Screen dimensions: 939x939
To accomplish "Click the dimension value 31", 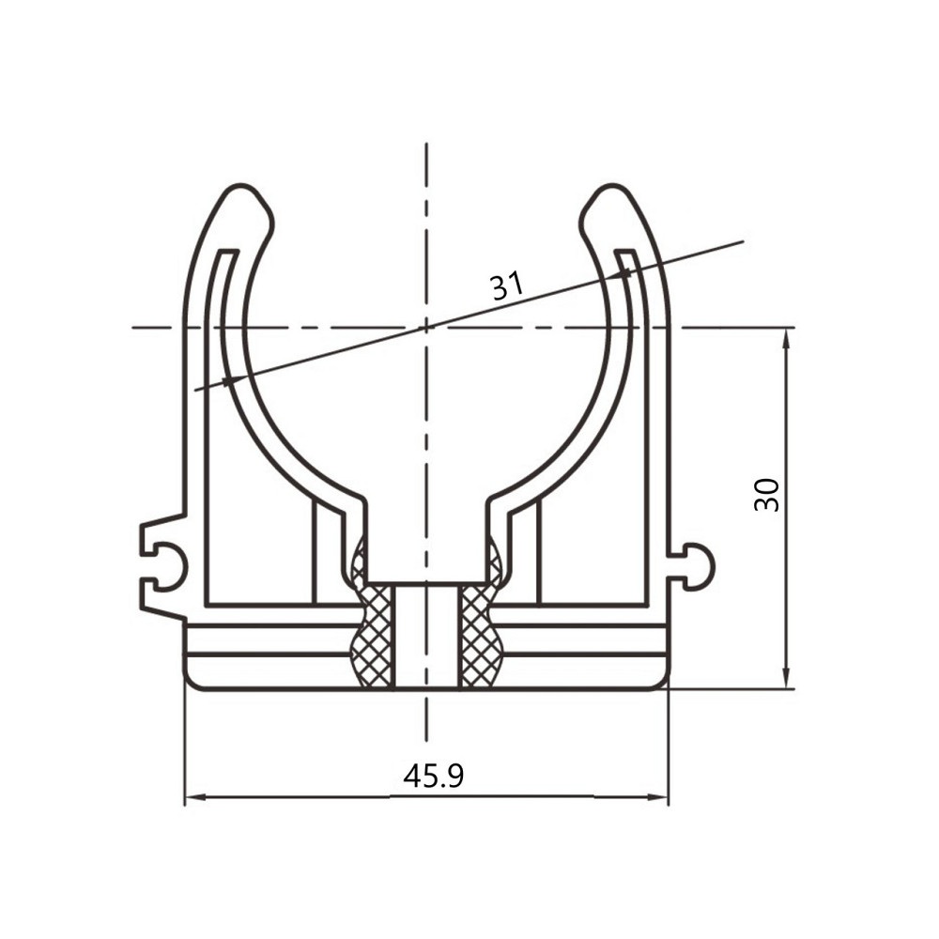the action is [x=507, y=285].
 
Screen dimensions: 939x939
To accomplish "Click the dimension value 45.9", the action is [x=434, y=777].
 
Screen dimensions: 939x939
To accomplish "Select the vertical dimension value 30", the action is [x=767, y=495].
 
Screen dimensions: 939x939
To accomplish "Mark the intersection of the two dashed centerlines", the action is [x=425, y=327].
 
